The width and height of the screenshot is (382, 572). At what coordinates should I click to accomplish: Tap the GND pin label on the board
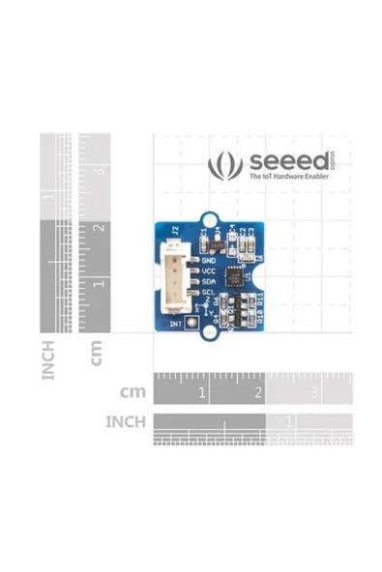(x=207, y=259)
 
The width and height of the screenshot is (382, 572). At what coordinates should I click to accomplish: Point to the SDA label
(x=207, y=282)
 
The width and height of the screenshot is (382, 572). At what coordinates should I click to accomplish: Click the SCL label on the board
(x=207, y=294)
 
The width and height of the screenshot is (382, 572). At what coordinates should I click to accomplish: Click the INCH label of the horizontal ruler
(x=125, y=421)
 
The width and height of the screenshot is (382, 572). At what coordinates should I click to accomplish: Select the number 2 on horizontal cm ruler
(x=258, y=393)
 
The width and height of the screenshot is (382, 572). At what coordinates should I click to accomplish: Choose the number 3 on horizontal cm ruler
(x=314, y=393)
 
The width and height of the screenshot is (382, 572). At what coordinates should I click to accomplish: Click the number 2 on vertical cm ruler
(x=98, y=228)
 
